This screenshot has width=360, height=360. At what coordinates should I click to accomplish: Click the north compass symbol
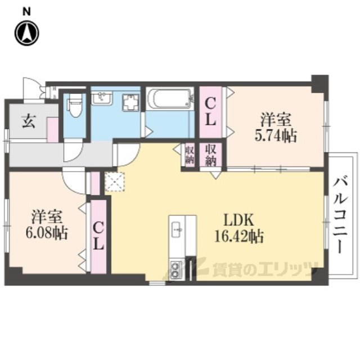click(26, 33)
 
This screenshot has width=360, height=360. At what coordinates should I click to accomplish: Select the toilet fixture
click(74, 105)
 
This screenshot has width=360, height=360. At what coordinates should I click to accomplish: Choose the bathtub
click(170, 100)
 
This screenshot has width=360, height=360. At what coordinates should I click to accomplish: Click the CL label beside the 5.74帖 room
click(210, 111)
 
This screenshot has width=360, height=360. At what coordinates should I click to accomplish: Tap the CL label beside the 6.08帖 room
click(98, 236)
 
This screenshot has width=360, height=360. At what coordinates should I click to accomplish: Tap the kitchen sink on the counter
click(176, 228)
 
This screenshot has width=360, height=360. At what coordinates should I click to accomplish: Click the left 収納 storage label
click(190, 154)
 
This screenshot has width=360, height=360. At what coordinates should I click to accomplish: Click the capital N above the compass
click(26, 11)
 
